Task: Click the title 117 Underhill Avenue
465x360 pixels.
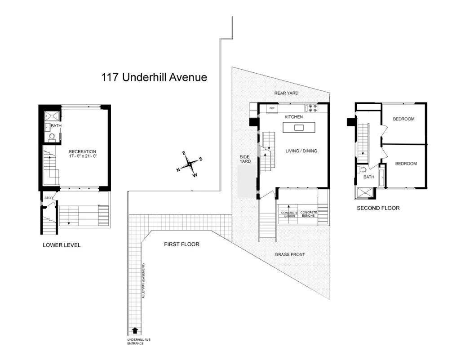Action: point(155,77)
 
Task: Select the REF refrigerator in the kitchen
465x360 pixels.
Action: point(271,108)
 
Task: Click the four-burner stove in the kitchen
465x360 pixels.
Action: point(312,108)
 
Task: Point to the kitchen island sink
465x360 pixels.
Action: point(299,128)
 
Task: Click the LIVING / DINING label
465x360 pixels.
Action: point(301,151)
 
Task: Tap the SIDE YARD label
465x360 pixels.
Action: point(246,159)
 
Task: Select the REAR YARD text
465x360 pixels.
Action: point(286,93)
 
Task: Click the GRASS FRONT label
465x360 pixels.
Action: point(290,255)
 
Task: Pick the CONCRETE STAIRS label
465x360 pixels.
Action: point(289,214)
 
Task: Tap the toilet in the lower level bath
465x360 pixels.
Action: point(51,136)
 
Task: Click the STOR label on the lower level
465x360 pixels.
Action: point(48,198)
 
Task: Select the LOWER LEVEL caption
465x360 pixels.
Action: point(62,245)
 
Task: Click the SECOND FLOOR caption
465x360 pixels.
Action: point(378,208)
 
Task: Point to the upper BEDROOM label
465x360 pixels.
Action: point(403,119)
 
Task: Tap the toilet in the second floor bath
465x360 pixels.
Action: point(363,170)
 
